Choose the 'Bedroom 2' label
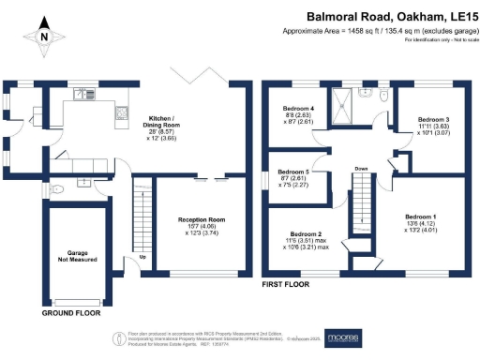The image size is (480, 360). (x=306, y=233)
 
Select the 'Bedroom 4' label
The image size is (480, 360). (x=298, y=109)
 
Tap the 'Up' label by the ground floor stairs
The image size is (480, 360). (x=142, y=256)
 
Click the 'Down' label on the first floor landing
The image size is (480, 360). (x=361, y=169)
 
